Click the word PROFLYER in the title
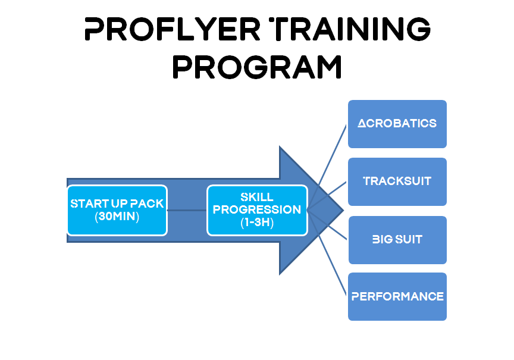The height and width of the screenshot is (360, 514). tap(173, 29)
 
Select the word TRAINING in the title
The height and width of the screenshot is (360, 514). tap(350, 29)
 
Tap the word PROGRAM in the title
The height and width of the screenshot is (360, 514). tap(258, 67)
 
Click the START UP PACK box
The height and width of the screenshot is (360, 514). tap(117, 210)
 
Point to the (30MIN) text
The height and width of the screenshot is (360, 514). tap(117, 217)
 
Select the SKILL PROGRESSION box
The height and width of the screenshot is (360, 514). tap(258, 210)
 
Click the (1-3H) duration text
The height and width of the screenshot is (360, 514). tap(257, 223)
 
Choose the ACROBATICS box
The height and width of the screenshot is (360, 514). tap(397, 124)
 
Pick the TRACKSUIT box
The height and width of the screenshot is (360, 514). tap(397, 181)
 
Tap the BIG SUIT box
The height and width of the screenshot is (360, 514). tap(397, 240)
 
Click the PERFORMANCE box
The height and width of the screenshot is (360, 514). tap(397, 296)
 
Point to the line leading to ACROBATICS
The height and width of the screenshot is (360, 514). tap(327, 167)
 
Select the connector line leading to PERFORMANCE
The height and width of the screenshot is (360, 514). tap(327, 253)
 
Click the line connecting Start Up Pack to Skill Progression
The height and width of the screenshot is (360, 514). tap(187, 210)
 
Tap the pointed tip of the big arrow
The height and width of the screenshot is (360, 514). tap(343, 211)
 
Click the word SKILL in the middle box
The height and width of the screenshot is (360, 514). tap(257, 197)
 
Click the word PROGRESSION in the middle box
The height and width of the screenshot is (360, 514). tap(257, 209)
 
